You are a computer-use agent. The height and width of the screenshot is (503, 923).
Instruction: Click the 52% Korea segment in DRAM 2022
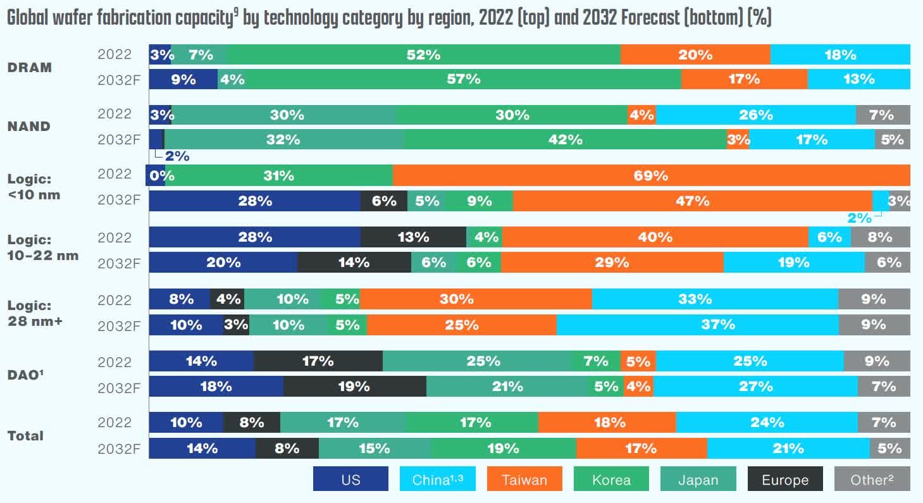[423, 55]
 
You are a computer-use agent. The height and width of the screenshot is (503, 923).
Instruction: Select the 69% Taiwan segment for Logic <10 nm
[651, 175]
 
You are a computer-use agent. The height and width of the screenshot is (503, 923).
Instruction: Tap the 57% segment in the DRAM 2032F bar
[449, 79]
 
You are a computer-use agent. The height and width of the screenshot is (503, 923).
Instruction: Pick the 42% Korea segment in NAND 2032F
[565, 140]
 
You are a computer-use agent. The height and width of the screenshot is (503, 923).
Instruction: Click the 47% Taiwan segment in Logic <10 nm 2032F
[692, 201]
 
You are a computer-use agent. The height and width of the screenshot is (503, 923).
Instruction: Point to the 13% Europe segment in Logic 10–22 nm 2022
[413, 237]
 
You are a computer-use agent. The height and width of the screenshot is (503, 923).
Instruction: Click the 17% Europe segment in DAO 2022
[318, 361]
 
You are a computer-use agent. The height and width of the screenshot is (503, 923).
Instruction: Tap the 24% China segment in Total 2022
[767, 422]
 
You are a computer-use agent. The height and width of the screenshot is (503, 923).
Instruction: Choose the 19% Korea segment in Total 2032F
[503, 448]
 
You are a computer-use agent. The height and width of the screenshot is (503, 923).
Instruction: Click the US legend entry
[350, 480]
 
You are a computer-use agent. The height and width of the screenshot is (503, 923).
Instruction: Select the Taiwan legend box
[524, 480]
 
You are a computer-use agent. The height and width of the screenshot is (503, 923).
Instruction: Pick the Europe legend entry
[785, 480]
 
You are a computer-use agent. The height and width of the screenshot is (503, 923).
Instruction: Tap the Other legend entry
[872, 480]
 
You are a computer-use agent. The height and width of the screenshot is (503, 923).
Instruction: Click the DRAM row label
[29, 67]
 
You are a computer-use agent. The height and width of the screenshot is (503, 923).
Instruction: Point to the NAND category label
[28, 127]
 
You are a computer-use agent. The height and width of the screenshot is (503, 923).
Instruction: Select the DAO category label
[25, 375]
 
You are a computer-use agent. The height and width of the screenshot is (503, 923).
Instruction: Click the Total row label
[25, 436]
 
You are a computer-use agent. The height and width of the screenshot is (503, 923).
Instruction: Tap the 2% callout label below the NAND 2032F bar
[177, 156]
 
